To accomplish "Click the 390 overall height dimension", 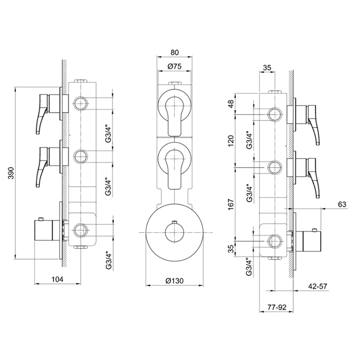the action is (11, 173).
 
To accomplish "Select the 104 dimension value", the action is (57, 279).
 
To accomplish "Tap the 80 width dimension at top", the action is (174, 52).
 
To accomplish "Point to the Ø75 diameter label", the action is (174, 66).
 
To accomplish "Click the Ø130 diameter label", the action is (174, 281).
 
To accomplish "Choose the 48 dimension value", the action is (231, 104).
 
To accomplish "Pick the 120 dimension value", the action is (231, 141).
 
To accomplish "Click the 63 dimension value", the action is (342, 204).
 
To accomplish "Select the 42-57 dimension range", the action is (317, 286).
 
